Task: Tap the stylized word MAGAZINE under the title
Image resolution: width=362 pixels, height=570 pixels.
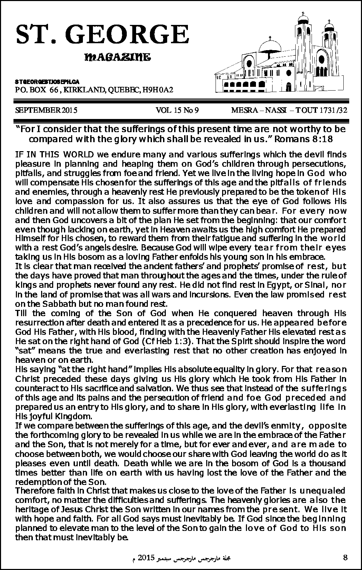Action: click(117, 57)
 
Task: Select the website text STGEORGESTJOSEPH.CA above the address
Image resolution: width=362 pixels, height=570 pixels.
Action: click(47, 82)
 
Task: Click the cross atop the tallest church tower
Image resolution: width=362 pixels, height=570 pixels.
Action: click(303, 14)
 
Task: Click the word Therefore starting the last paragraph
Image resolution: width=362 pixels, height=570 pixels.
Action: click(33, 490)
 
